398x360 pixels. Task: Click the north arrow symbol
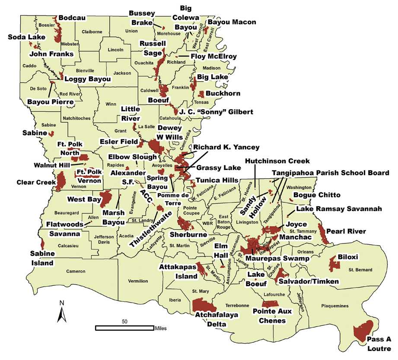(x=62, y=312)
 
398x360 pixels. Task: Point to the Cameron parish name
(x=76, y=272)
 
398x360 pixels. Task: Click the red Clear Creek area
(x=60, y=181)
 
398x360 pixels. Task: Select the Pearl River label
(x=346, y=231)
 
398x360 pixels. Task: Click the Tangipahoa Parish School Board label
(x=331, y=173)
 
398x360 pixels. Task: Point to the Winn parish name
(x=111, y=104)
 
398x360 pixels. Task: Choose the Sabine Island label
(x=42, y=258)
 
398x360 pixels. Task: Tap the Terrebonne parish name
(x=236, y=304)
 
